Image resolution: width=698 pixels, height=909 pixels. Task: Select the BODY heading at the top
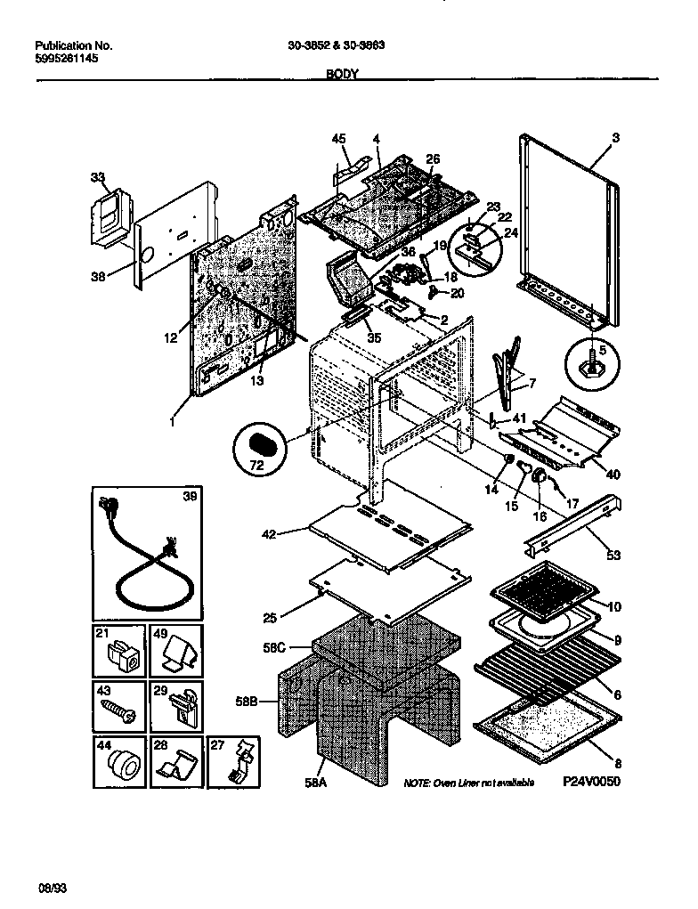click(343, 76)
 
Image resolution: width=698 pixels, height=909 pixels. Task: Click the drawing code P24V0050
click(590, 782)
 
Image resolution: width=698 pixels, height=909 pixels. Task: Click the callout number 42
click(269, 534)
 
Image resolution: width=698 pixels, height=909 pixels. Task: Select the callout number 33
click(97, 177)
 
